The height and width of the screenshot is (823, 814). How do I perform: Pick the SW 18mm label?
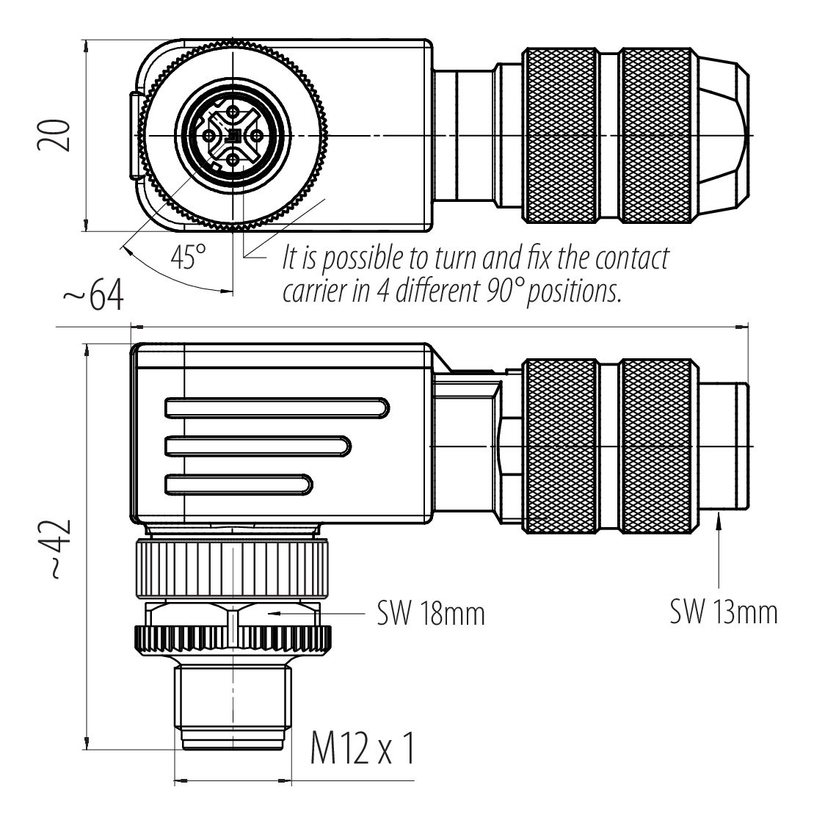(432, 614)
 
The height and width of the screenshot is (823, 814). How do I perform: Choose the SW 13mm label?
(723, 611)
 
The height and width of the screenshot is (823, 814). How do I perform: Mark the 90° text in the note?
(506, 291)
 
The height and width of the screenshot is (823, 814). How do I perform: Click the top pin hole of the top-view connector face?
(233, 111)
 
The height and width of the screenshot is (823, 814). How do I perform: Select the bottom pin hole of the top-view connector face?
(233, 159)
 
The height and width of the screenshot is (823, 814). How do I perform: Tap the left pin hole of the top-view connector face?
(209, 135)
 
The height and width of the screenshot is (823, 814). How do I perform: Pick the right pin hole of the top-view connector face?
(258, 135)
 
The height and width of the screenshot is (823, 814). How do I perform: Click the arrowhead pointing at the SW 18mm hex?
(273, 611)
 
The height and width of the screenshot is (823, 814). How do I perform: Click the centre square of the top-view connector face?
(233, 135)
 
